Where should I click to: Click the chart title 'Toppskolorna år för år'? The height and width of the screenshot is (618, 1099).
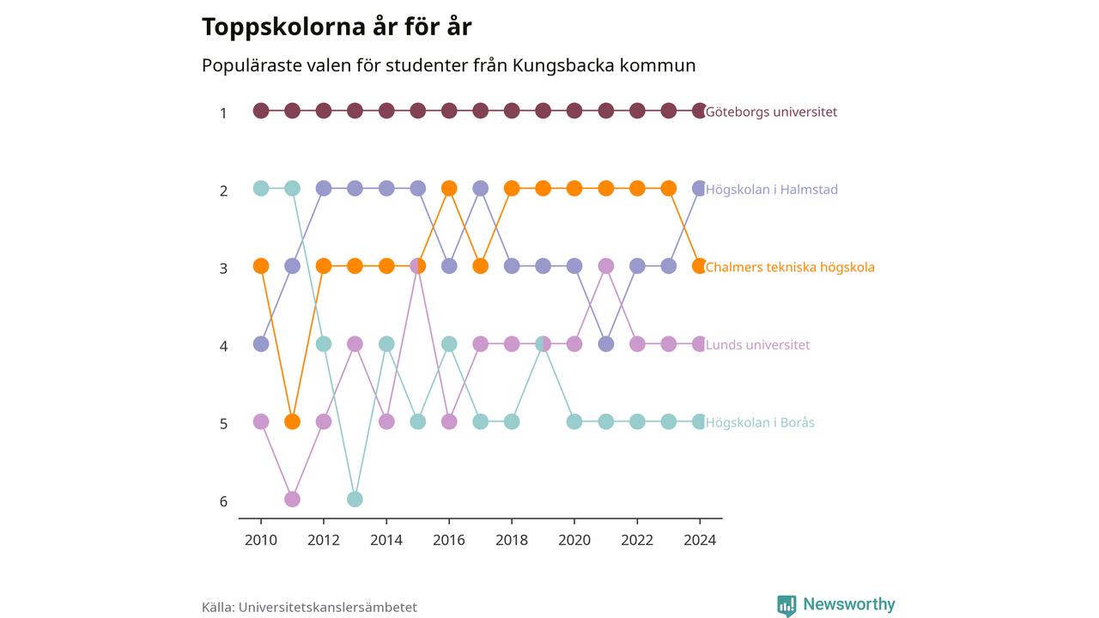(x=337, y=27)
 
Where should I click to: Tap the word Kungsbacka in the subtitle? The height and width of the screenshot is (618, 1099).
(x=563, y=65)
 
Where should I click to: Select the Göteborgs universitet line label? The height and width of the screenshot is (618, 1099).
(x=771, y=112)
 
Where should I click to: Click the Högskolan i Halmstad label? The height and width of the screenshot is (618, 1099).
(x=771, y=190)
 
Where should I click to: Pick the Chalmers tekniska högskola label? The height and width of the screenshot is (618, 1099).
(x=789, y=267)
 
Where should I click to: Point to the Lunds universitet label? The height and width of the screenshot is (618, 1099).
(x=757, y=345)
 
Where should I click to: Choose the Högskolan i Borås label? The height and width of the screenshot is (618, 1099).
(x=760, y=422)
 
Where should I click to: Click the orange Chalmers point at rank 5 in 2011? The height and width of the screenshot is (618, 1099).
(x=292, y=421)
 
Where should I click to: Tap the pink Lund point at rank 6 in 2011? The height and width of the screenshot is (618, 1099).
(x=292, y=500)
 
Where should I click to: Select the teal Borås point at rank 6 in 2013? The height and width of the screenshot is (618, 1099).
(x=355, y=500)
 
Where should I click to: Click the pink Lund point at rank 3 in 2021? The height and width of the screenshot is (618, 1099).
(x=606, y=266)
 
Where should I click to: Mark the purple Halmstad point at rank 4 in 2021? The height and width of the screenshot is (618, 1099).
(x=606, y=344)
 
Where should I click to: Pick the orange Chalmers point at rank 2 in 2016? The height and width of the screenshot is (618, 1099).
(x=449, y=188)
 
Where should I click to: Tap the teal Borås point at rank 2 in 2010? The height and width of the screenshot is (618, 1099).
(x=261, y=188)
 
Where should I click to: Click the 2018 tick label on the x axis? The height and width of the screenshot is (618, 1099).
(x=512, y=540)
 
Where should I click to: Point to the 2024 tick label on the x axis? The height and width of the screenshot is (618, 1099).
(x=700, y=540)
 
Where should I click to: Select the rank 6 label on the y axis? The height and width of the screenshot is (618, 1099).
(x=223, y=501)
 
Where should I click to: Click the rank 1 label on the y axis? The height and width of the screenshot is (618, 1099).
(x=223, y=113)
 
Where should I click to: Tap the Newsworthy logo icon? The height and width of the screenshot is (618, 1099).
(x=786, y=606)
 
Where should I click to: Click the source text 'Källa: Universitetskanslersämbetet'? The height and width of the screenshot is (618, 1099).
(x=309, y=607)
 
